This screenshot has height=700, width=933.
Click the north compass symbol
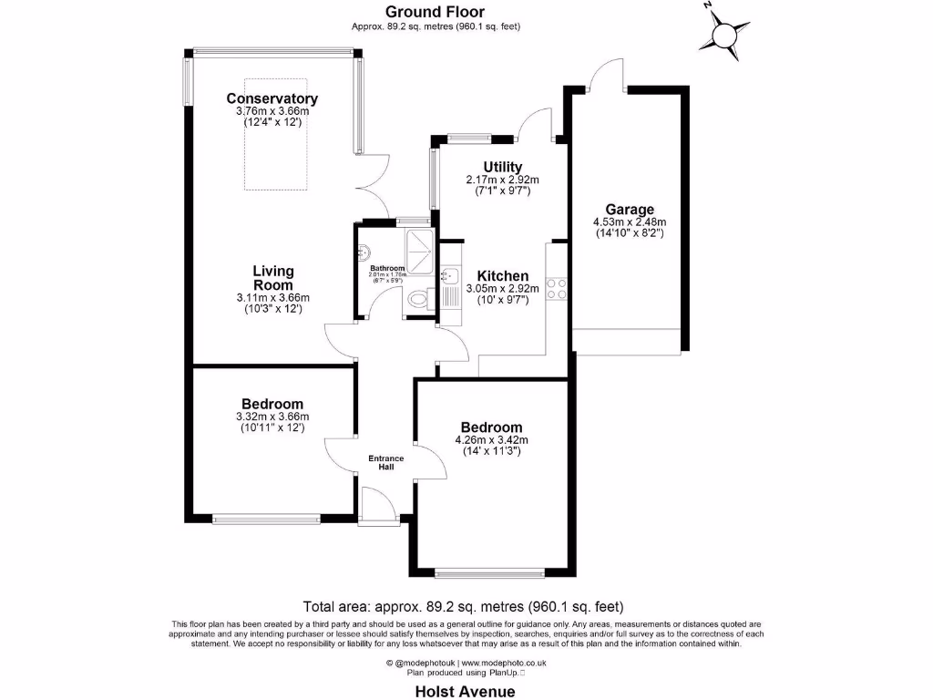[x=724, y=35]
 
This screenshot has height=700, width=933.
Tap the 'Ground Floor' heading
[x=435, y=12]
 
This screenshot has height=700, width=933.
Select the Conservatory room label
[x=272, y=98]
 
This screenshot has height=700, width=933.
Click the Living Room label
[x=273, y=278]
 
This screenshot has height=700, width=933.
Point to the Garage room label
[x=630, y=210]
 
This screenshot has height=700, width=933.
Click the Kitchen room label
[x=502, y=276]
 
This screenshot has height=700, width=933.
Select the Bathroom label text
[x=386, y=268]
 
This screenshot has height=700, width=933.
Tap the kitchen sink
[x=450, y=275]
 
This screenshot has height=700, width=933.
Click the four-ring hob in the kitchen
[x=559, y=288]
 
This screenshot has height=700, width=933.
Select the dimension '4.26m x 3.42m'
[x=491, y=440]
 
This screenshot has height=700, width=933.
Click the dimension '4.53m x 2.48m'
[x=630, y=221]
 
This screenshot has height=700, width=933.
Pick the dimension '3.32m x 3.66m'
[x=272, y=417]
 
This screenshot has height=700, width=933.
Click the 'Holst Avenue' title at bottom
[x=465, y=691]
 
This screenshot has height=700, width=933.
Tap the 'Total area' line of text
[x=463, y=606]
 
